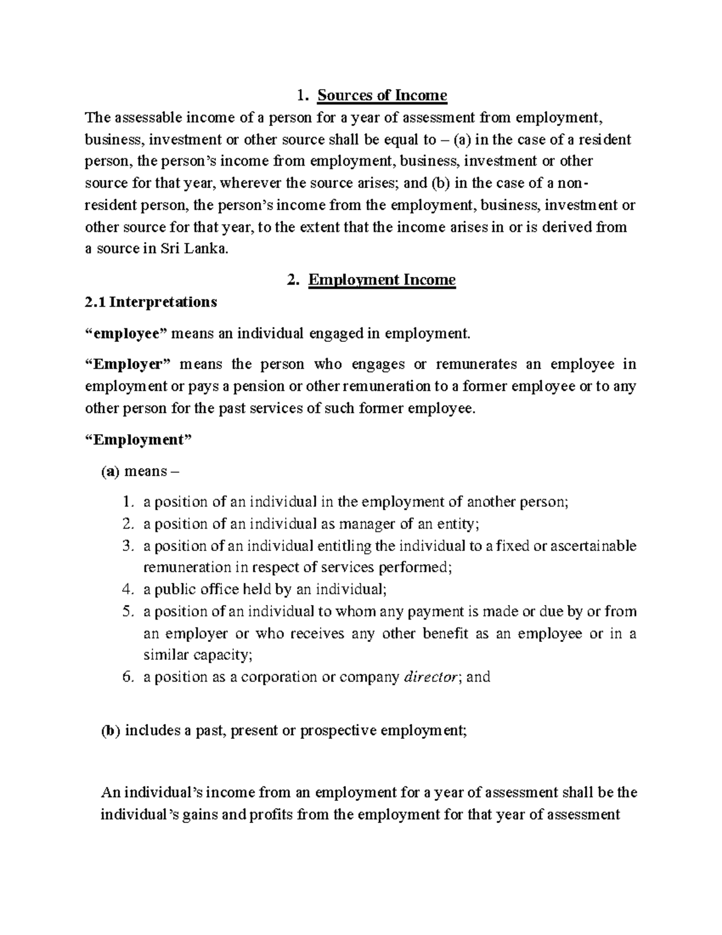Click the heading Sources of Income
[382, 95]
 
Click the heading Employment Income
[381, 280]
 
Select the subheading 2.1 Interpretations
[151, 302]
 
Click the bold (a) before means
[110, 471]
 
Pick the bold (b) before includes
[110, 731]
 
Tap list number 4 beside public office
[126, 589]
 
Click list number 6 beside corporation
[126, 677]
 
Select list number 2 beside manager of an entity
[126, 524]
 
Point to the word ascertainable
[593, 546]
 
